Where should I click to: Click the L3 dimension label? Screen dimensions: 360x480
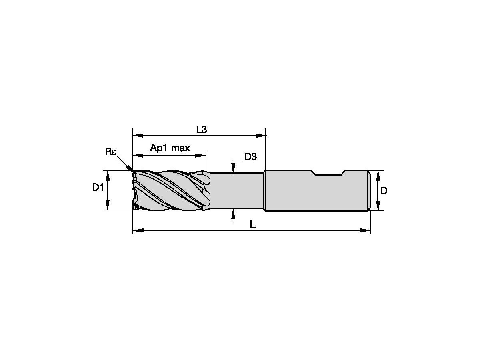[201, 129]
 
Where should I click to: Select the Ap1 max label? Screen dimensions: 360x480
[170, 148]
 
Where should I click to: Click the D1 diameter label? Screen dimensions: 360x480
[98, 187]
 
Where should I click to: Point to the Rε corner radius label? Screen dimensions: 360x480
[110, 151]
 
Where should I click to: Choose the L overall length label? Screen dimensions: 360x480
[252, 225]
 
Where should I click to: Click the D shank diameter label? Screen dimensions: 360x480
[384, 191]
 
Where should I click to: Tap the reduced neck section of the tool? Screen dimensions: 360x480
[236, 190]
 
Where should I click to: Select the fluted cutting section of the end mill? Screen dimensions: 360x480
[170, 190]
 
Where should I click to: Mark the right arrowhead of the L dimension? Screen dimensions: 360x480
[366, 230]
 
